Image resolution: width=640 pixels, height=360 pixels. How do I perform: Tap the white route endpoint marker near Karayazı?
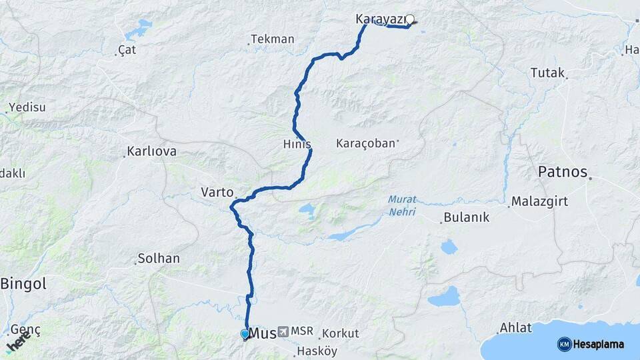pyautogui.click(x=410, y=20)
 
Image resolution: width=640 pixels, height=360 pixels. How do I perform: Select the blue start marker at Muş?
pyautogui.click(x=245, y=333)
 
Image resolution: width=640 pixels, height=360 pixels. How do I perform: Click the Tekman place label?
pyautogui.click(x=273, y=39)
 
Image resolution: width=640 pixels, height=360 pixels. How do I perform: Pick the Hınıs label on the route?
pyautogui.click(x=297, y=144)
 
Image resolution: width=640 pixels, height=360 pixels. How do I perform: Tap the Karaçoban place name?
pyautogui.click(x=365, y=143)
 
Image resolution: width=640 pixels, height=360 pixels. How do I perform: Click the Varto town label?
pyautogui.click(x=217, y=193)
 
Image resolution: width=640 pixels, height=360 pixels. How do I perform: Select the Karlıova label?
pyautogui.click(x=153, y=151)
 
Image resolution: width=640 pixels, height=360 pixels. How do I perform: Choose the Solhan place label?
pyautogui.click(x=159, y=258)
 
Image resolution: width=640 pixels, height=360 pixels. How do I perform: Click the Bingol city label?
pyautogui.click(x=23, y=284)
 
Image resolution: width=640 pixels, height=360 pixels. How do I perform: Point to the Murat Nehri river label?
pyautogui.click(x=402, y=206)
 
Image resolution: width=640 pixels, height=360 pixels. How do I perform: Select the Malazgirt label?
pyautogui.click(x=539, y=201)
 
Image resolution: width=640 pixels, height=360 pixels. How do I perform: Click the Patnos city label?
pyautogui.click(x=563, y=172)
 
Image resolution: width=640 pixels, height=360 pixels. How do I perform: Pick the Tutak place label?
pyautogui.click(x=547, y=73)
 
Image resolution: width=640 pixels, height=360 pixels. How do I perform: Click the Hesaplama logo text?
pyautogui.click(x=599, y=344)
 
